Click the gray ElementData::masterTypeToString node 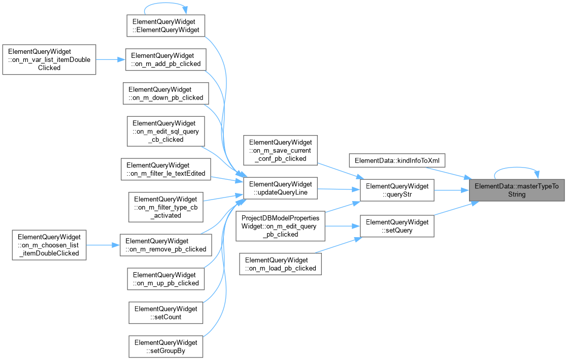(x=516, y=190)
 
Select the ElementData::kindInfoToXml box (x=397, y=160)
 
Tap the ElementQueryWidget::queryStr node (x=397, y=190)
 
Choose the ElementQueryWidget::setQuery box (x=397, y=226)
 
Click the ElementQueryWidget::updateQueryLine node (x=280, y=188)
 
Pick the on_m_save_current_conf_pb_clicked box (x=280, y=150)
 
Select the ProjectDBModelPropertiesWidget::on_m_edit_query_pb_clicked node (x=280, y=226)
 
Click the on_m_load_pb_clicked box (x=280, y=264)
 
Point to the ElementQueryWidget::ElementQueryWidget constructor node (x=165, y=26)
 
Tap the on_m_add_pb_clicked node (x=165, y=60)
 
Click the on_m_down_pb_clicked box (x=165, y=93)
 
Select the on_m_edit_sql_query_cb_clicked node (x=165, y=132)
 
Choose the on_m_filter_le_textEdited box (x=165, y=169)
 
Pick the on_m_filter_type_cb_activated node (x=165, y=207)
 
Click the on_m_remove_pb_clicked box (x=165, y=245)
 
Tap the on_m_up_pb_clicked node (x=165, y=279)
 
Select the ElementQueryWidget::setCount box (x=165, y=313)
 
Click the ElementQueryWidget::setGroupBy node (x=165, y=347)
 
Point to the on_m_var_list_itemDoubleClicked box (x=49, y=60)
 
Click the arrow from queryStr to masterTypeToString (x=452, y=190)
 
